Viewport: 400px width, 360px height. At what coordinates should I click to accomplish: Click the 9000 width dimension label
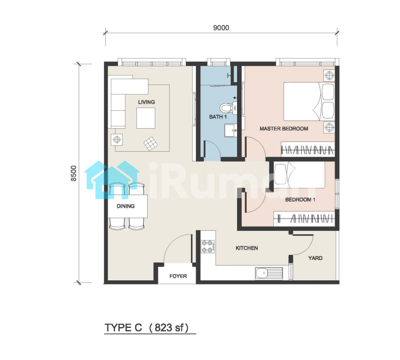[221, 28]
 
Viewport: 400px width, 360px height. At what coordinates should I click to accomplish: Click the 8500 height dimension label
[74, 174]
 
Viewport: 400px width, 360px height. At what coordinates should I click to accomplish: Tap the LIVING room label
[147, 102]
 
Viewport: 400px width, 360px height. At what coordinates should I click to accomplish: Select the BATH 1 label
[218, 117]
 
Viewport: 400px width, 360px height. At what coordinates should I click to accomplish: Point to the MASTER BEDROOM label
[284, 129]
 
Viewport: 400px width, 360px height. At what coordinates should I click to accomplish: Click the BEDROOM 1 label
[300, 199]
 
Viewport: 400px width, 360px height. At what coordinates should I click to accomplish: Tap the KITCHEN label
[246, 248]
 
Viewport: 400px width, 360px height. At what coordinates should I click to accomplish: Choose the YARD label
[315, 258]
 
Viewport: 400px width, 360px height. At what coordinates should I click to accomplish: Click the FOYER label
[178, 276]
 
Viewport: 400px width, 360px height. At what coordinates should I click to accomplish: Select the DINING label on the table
[126, 206]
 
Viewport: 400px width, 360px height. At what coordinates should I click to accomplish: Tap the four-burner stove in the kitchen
[207, 247]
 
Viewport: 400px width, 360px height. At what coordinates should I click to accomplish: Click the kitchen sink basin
[262, 274]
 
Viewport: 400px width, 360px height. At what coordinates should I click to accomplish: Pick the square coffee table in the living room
[146, 118]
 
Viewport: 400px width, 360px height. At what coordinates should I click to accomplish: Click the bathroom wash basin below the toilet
[231, 130]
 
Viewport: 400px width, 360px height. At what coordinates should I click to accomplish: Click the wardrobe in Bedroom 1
[304, 219]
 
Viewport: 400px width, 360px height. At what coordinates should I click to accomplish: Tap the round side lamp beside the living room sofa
[117, 139]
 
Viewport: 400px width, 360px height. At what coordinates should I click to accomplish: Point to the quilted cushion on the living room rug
[151, 143]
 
